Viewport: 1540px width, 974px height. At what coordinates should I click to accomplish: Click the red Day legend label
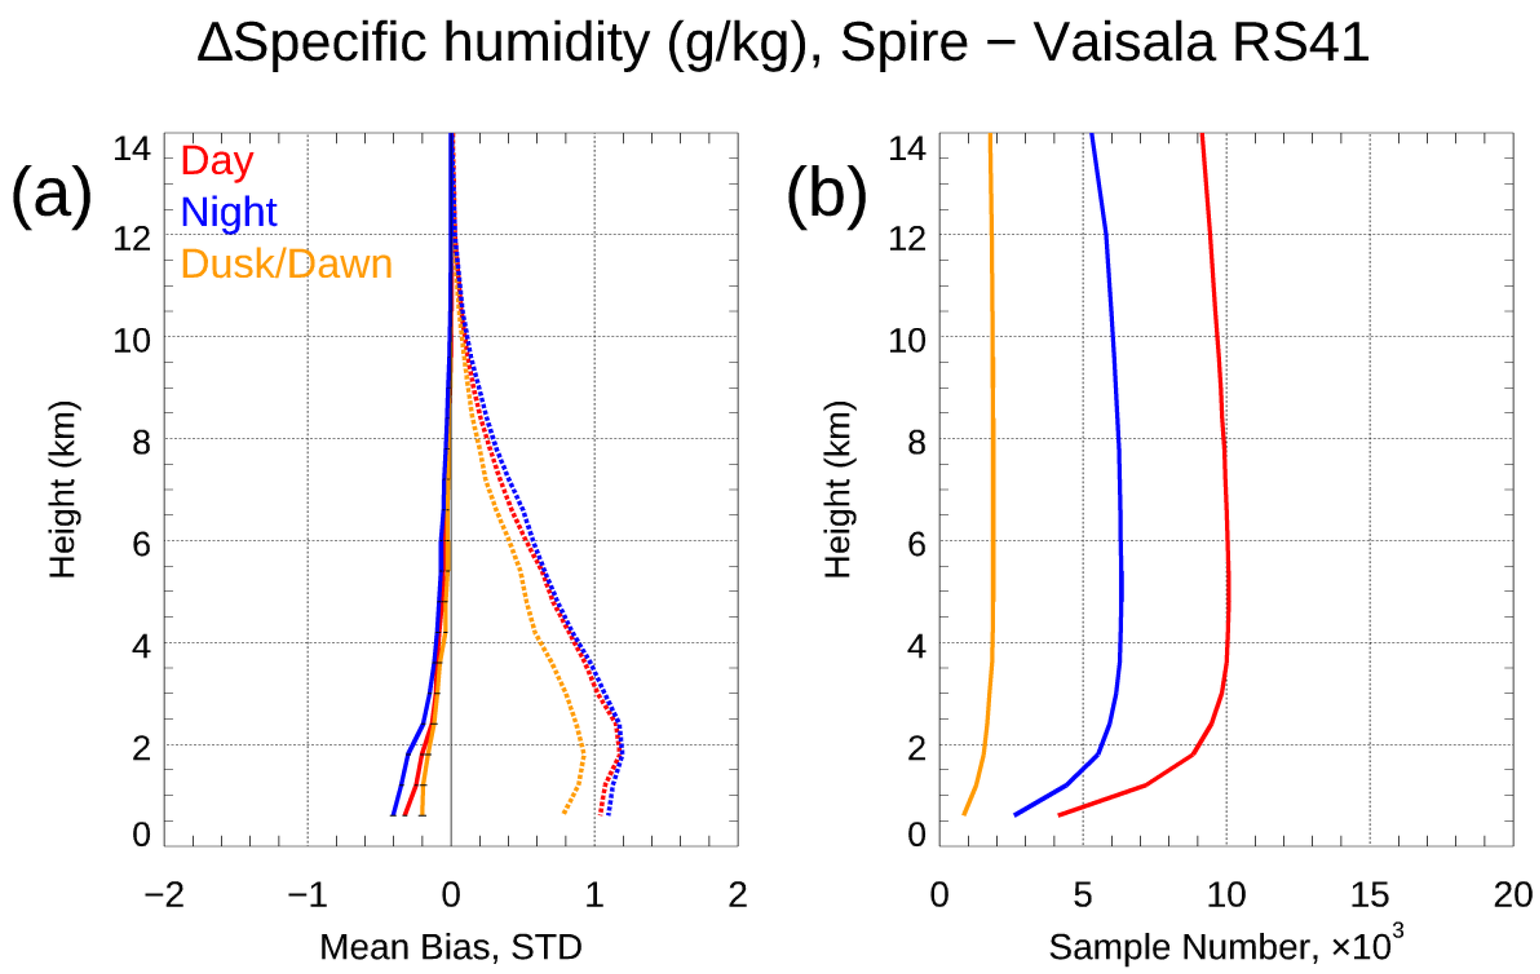click(218, 162)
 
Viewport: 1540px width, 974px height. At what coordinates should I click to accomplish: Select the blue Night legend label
click(229, 212)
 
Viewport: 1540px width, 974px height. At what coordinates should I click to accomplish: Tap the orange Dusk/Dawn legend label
click(287, 263)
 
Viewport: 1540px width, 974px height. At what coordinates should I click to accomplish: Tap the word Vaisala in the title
click(1124, 44)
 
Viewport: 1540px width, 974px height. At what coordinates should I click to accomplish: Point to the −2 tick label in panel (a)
click(164, 895)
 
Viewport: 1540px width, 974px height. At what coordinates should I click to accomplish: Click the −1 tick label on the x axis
click(308, 895)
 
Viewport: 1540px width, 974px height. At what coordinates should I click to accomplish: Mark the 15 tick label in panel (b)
click(1369, 895)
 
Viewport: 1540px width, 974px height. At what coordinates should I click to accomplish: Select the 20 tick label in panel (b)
click(1513, 895)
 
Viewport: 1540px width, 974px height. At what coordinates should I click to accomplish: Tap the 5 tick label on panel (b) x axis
click(1083, 895)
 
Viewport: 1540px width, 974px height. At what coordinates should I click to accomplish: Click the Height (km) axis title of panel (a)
click(62, 490)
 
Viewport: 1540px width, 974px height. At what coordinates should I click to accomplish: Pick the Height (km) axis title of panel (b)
click(838, 490)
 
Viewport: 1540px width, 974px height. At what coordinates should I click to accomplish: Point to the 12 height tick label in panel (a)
click(132, 239)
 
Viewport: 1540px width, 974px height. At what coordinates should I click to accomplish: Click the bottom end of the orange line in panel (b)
click(964, 815)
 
